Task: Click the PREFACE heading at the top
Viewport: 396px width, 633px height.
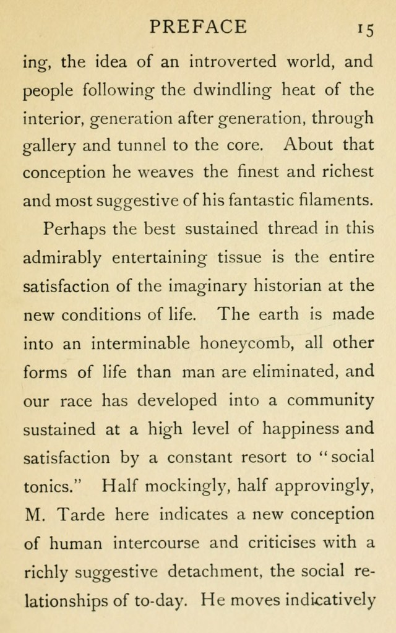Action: point(198,27)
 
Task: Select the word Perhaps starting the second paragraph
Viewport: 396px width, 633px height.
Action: point(74,229)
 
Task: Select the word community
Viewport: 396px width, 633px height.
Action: point(331,400)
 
